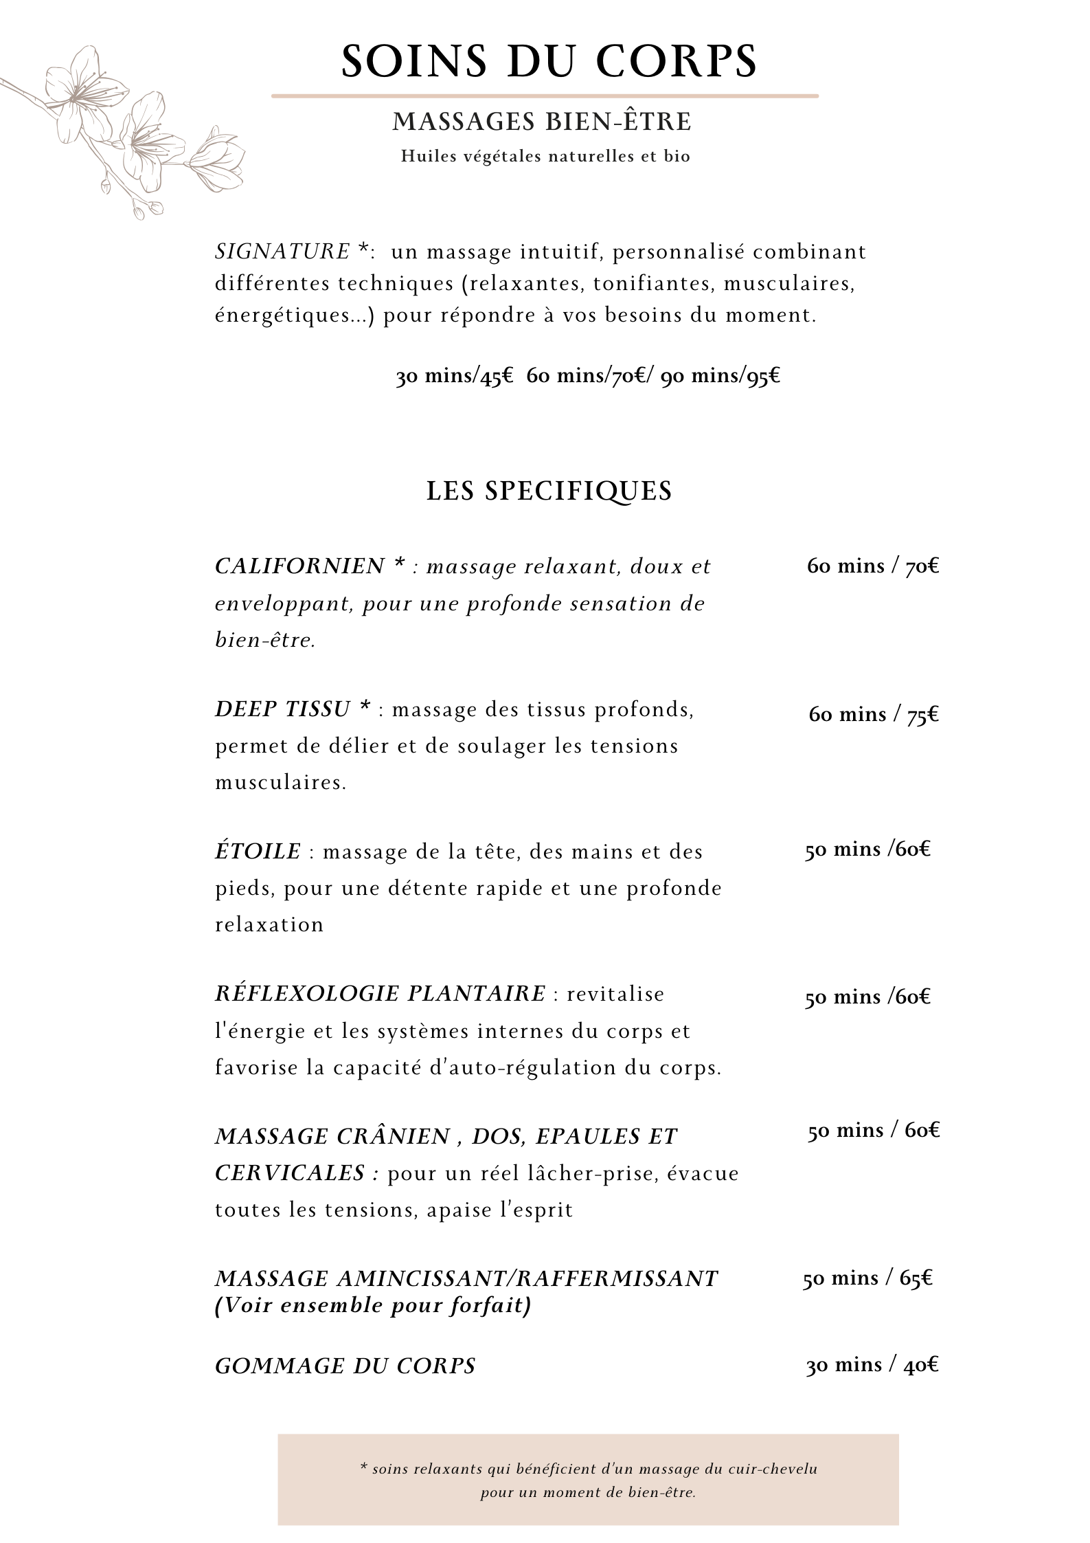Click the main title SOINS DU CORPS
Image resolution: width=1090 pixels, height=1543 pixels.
tap(549, 61)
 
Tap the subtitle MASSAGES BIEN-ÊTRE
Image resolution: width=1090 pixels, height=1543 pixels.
tap(542, 122)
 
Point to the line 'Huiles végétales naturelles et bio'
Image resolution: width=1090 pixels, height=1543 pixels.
tap(545, 157)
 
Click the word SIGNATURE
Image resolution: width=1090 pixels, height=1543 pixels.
tap(283, 252)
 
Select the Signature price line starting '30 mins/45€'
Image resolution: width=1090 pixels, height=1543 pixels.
tap(588, 376)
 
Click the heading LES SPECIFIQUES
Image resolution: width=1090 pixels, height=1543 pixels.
tap(549, 491)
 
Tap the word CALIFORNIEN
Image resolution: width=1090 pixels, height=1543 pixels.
tap(300, 566)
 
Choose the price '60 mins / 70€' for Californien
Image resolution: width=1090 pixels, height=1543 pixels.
tap(873, 566)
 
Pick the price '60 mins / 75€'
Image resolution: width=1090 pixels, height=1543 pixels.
tap(874, 715)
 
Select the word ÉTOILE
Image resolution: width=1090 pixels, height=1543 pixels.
tap(258, 852)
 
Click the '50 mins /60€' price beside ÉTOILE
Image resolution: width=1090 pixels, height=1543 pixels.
tap(867, 850)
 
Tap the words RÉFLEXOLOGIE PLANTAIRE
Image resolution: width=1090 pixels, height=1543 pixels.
tap(380, 994)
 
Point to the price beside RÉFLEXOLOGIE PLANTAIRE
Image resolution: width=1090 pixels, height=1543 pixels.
tap(867, 997)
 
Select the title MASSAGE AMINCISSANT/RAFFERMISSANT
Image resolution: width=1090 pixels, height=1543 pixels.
tap(466, 1278)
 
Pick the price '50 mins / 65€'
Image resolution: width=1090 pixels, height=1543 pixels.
tap(867, 1278)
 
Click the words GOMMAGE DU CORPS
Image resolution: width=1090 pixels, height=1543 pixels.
tap(345, 1366)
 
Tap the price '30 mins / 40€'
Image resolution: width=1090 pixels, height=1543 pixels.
tap(872, 1365)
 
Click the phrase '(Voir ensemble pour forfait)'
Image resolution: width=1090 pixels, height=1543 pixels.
tap(373, 1305)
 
